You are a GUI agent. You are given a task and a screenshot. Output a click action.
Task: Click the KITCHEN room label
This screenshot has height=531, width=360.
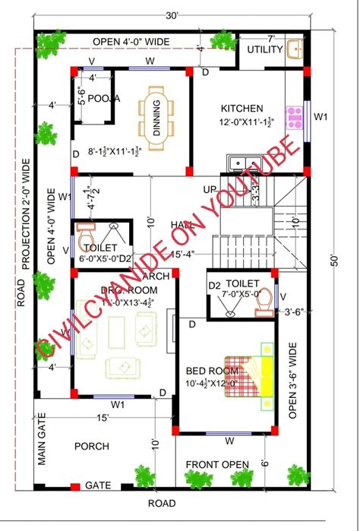click(242, 109)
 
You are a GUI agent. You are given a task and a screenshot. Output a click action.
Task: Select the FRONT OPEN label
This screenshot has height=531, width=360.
click(219, 465)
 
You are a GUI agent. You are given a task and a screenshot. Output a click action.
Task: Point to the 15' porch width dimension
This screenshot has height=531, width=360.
click(102, 417)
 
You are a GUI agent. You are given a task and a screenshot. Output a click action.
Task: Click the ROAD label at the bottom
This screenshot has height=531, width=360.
click(162, 503)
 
